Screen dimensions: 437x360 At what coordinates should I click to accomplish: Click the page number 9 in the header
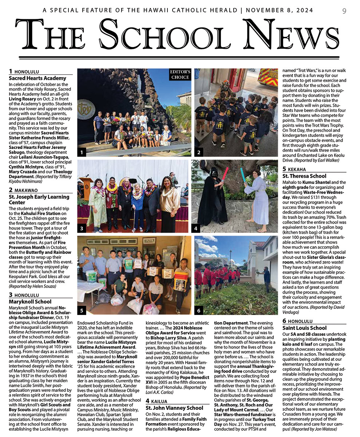click(x=344, y=11)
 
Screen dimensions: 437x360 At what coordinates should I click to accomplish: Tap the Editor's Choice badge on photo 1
click(x=180, y=75)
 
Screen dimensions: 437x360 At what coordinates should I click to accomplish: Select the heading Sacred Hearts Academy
click(x=37, y=78)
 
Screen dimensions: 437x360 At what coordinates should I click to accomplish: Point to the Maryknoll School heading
click(x=30, y=302)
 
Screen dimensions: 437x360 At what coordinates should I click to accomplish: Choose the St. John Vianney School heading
click(x=174, y=408)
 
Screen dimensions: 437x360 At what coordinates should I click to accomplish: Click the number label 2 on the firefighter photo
click(x=199, y=152)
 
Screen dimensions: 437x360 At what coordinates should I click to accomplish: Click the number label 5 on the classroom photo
click(x=82, y=310)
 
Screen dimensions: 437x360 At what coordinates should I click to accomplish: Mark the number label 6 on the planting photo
click(x=199, y=310)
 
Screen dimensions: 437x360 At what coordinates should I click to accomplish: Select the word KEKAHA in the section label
click(x=297, y=169)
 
